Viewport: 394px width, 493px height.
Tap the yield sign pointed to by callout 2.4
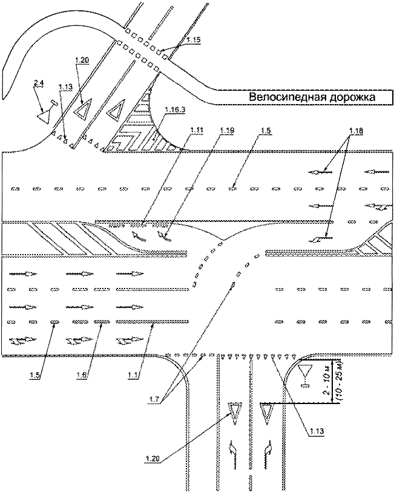coord(44,113)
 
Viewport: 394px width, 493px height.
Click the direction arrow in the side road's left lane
coord(232,452)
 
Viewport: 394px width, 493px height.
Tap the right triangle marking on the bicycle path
coord(114,111)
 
